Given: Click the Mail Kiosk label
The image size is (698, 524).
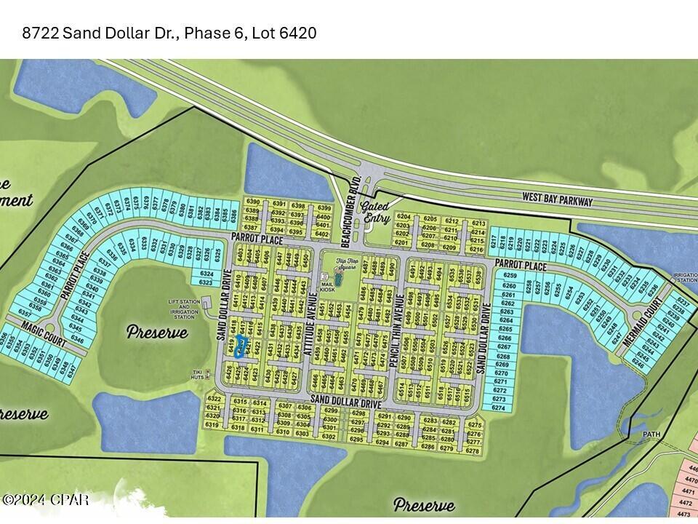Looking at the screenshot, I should point(326,284).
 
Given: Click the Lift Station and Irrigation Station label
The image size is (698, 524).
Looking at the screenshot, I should point(182,310).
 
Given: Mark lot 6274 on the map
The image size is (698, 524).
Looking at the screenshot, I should point(499,408).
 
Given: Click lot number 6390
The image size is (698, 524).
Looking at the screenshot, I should point(252,202).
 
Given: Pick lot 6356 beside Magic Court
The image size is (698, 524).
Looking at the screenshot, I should point(7,340).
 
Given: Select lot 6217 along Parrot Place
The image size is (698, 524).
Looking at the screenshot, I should point(494,242).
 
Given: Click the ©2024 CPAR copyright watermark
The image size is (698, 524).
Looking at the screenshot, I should point(45,500).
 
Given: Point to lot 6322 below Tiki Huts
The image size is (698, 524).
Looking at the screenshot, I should point(214,399).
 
